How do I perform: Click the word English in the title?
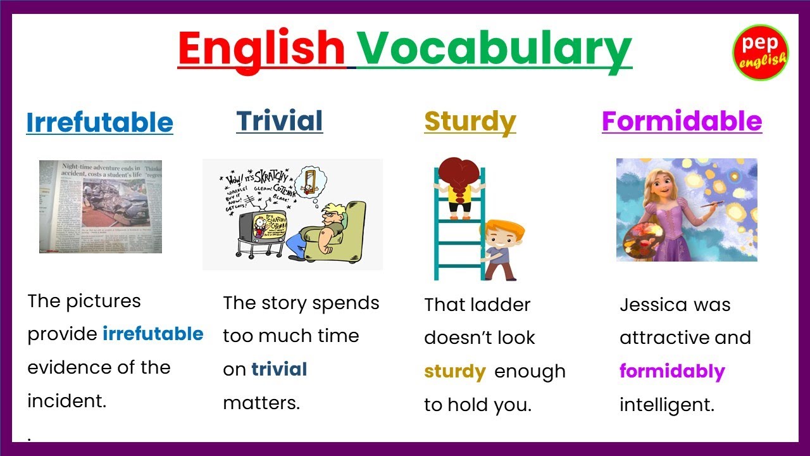[261, 49]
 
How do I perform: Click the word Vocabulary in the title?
[494, 49]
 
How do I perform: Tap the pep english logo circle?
[760, 53]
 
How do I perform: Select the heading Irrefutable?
[99, 122]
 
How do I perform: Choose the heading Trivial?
[279, 120]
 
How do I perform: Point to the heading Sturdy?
[470, 121]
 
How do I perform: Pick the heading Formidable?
[682, 120]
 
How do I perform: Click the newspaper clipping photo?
[101, 206]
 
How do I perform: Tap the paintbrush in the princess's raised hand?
[712, 203]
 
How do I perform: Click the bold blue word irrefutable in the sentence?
[153, 334]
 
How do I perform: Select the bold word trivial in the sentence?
[279, 369]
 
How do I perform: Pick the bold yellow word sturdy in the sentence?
[454, 372]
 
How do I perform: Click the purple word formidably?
[672, 371]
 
